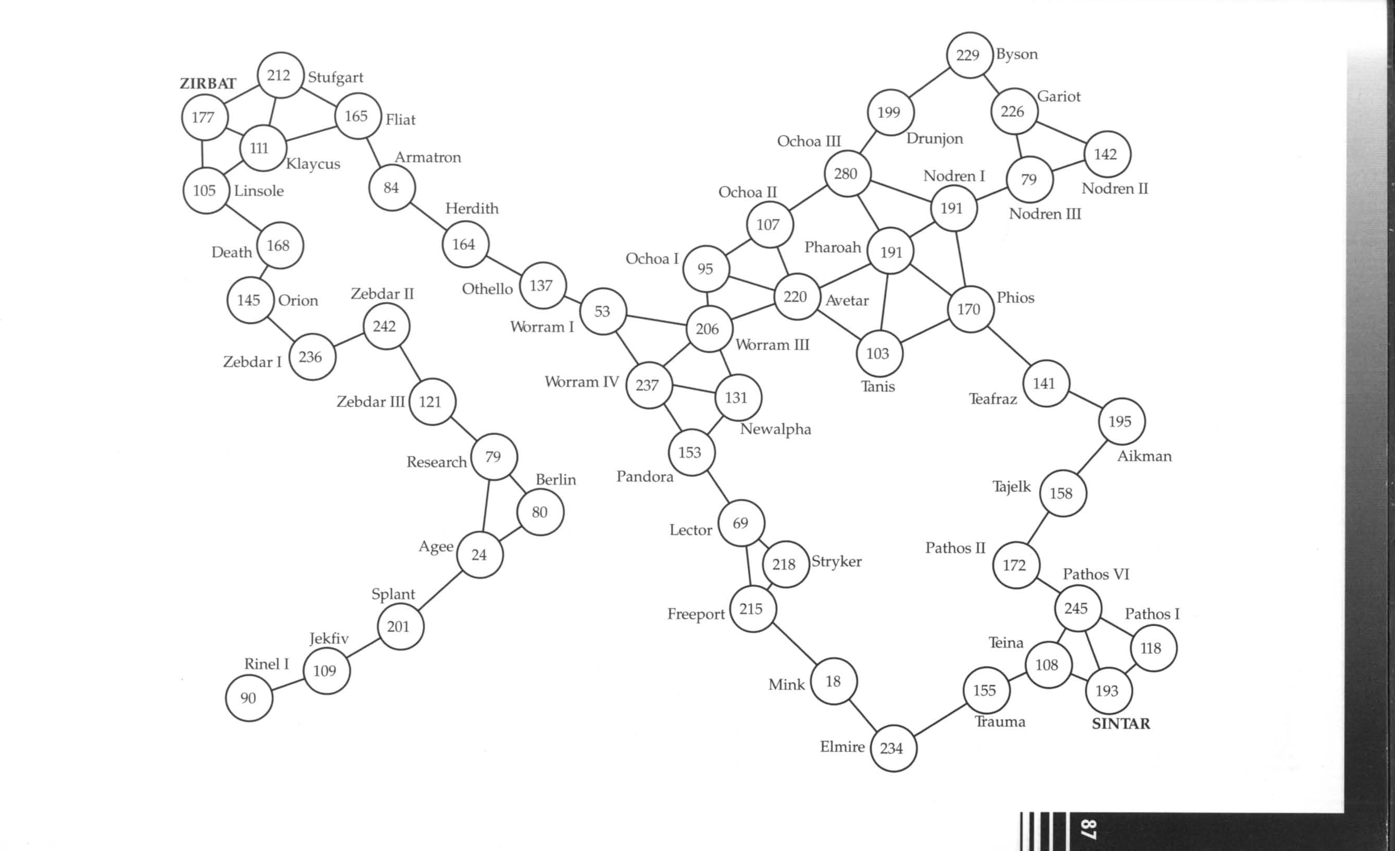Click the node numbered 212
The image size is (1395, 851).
(280, 75)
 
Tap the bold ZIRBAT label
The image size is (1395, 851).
(208, 84)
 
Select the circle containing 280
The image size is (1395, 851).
(847, 174)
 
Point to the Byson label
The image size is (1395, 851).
(1017, 55)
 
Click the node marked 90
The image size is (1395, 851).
(249, 698)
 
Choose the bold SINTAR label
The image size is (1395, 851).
(1120, 724)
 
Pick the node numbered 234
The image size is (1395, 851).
(893, 748)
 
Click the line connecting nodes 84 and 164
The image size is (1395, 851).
(427, 216)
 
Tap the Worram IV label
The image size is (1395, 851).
(581, 382)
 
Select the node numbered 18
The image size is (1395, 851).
(834, 681)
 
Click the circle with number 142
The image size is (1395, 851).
(1107, 154)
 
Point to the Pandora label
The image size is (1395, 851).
(644, 477)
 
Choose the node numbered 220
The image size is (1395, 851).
(796, 297)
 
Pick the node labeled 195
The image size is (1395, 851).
(1121, 421)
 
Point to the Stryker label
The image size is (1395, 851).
(836, 561)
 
